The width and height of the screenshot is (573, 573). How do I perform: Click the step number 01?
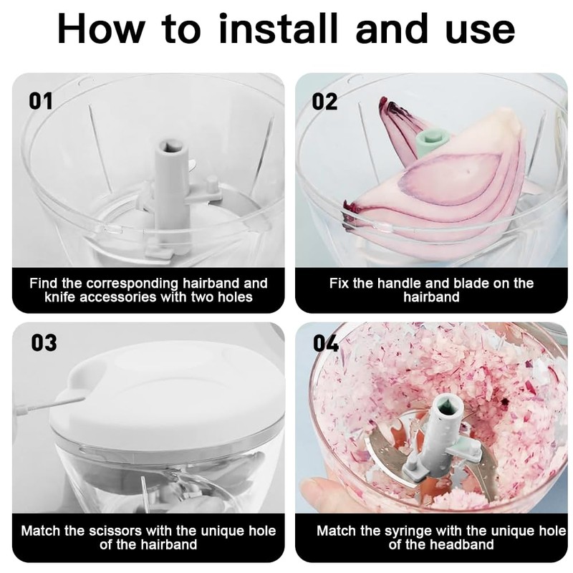(x=41, y=101)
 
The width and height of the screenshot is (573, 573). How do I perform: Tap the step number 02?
(x=324, y=101)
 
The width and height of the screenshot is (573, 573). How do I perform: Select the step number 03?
(x=44, y=343)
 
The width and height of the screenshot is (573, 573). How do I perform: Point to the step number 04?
(x=326, y=343)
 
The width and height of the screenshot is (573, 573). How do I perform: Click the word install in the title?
(x=278, y=29)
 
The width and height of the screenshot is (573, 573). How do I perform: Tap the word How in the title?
(x=101, y=29)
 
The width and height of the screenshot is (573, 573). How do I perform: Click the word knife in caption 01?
(x=60, y=297)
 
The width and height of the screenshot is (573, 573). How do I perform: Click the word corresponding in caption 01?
(x=133, y=283)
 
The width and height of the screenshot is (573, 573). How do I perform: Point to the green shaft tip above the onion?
(x=432, y=139)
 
